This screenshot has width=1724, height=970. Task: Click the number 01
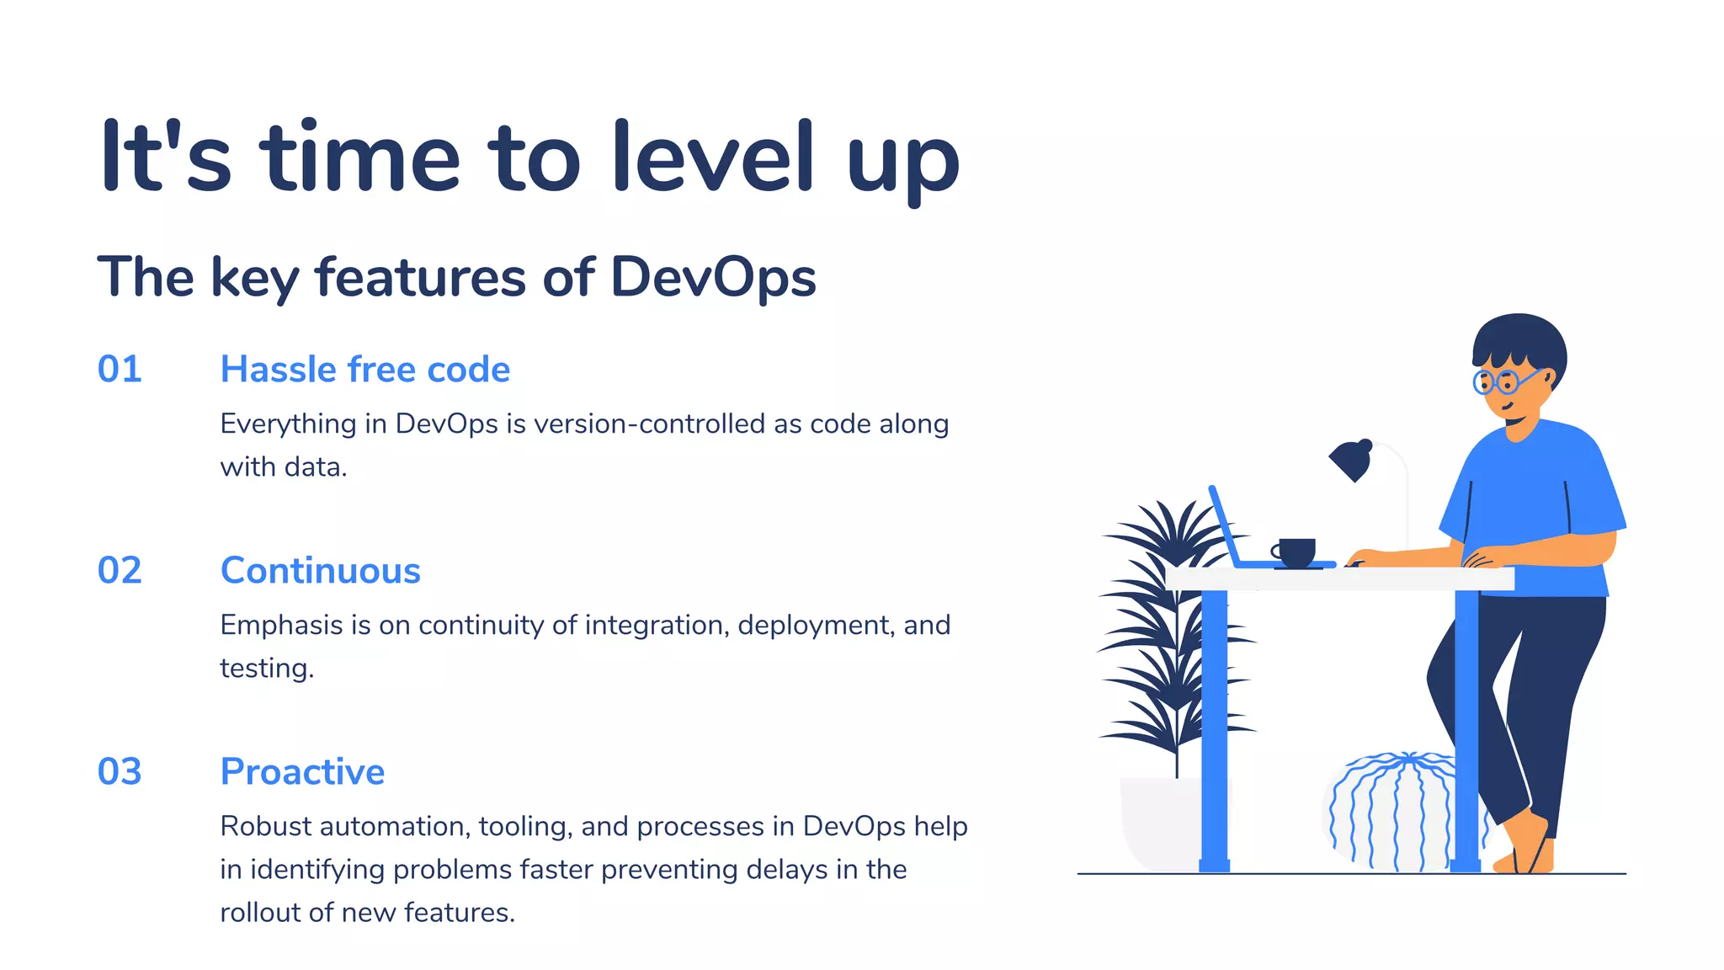tap(120, 370)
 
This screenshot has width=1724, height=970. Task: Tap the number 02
tap(120, 571)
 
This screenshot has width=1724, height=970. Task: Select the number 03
tap(120, 772)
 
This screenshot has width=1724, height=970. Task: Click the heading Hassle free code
tap(364, 370)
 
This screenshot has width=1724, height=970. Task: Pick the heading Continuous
tap(320, 571)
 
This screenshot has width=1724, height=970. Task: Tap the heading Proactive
tap(302, 772)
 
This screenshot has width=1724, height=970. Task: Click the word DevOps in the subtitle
tap(713, 277)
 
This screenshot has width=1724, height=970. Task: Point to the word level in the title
tap(713, 157)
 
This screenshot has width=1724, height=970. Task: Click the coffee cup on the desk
tap(1296, 552)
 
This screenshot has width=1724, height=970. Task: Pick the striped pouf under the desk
tap(1389, 813)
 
